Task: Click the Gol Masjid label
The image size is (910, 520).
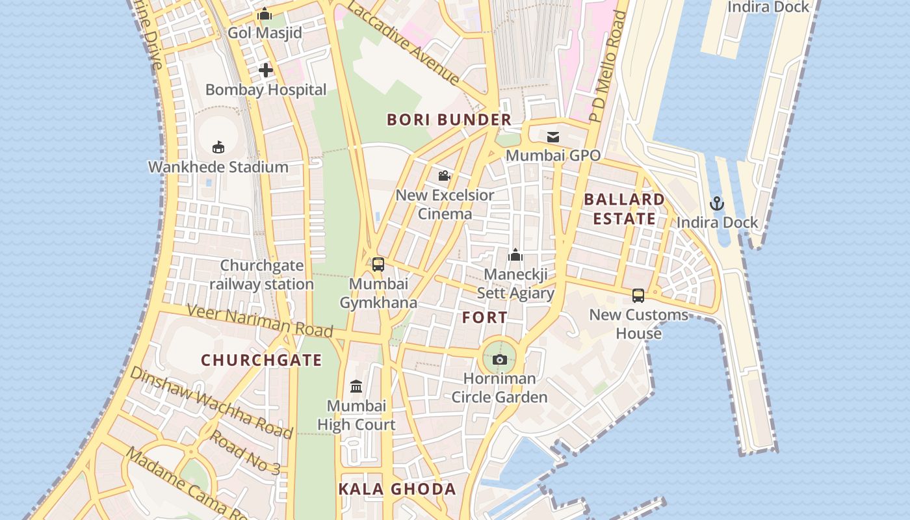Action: pyautogui.click(x=265, y=32)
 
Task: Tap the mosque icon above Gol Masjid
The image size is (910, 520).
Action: pyautogui.click(x=265, y=14)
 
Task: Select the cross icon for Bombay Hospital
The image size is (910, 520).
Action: pyautogui.click(x=266, y=70)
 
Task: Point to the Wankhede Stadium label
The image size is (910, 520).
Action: pyautogui.click(x=218, y=167)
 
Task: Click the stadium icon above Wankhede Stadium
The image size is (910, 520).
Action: pyautogui.click(x=218, y=148)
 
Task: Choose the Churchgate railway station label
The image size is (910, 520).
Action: pyautogui.click(x=262, y=275)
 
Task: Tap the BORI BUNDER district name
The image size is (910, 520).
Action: pyautogui.click(x=449, y=120)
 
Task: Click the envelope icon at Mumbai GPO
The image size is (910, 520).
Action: pyautogui.click(x=553, y=136)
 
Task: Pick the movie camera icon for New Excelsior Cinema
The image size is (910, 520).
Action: pyautogui.click(x=445, y=175)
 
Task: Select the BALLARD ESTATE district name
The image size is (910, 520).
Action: pyautogui.click(x=624, y=209)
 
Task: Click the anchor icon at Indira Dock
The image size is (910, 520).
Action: pyautogui.click(x=717, y=203)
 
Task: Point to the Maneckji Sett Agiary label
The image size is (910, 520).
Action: pyautogui.click(x=515, y=284)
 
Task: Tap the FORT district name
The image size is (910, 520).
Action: pyautogui.click(x=485, y=318)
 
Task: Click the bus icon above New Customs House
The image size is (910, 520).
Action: pyautogui.click(x=638, y=296)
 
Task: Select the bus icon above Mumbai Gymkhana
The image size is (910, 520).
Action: pyautogui.click(x=378, y=265)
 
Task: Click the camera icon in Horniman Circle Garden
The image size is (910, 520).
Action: pyautogui.click(x=500, y=359)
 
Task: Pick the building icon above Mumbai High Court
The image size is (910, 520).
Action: pyautogui.click(x=356, y=387)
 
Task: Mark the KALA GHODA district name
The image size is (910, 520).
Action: pyautogui.click(x=397, y=489)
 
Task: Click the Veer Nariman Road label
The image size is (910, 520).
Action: pyautogui.click(x=260, y=320)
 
